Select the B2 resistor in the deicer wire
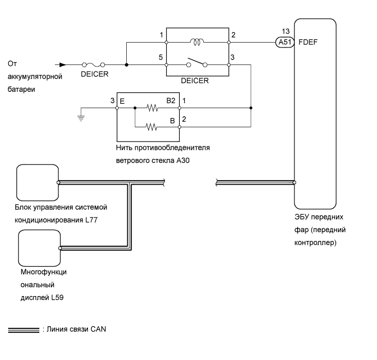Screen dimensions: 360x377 [151, 108]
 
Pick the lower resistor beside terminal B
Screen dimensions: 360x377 [151, 128]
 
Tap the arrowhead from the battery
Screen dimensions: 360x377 [63, 64]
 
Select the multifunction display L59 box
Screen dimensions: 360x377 [39, 248]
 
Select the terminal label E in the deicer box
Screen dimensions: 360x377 [123, 102]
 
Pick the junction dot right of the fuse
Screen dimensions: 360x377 [126, 64]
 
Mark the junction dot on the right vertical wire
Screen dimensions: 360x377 [251, 108]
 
